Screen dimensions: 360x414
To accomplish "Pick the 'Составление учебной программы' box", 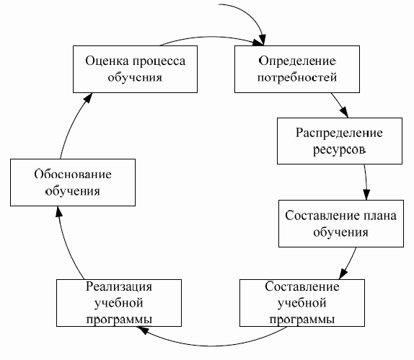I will click(295, 301).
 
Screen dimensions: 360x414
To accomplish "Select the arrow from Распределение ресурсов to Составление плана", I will click(366, 183).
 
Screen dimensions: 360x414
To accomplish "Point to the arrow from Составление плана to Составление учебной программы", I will click(351, 263).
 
